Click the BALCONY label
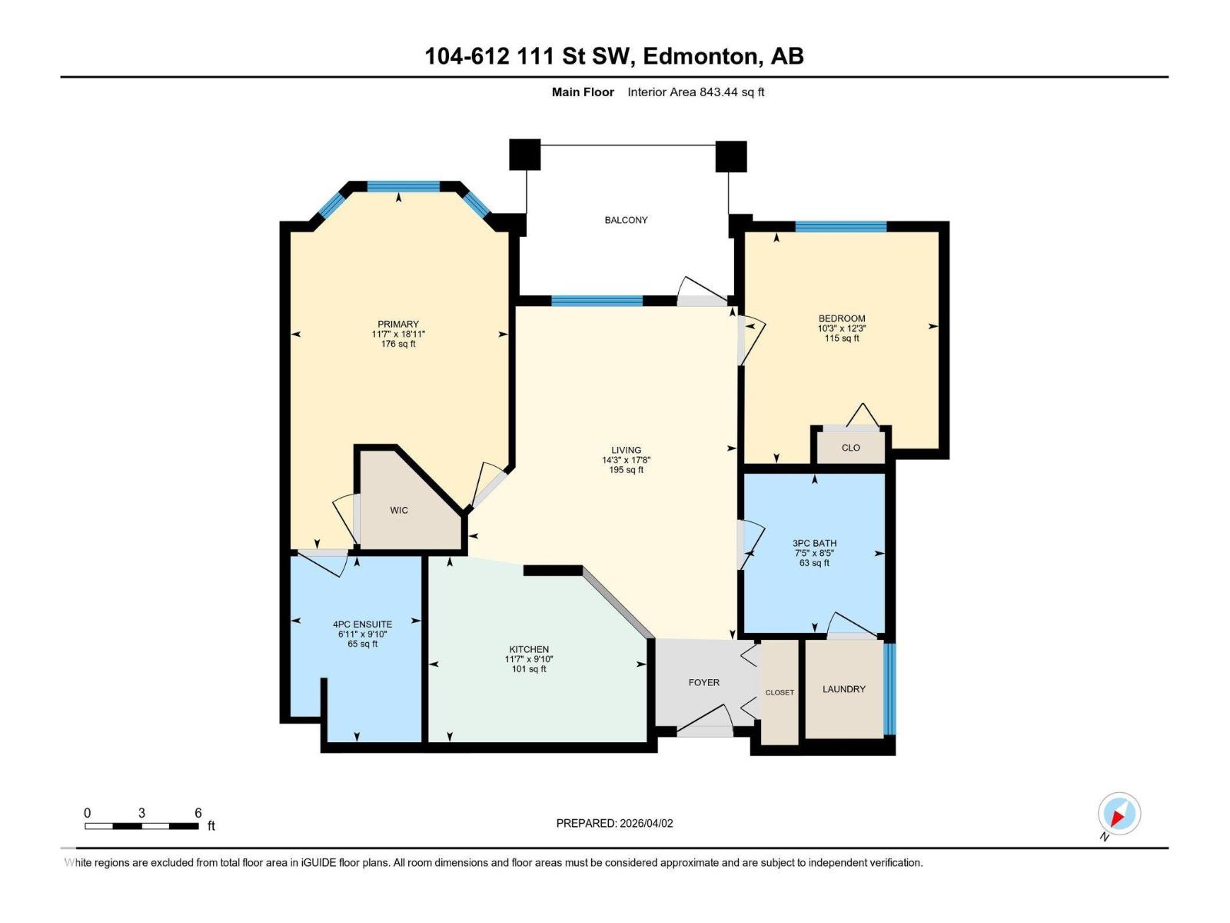626,220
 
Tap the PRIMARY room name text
398,324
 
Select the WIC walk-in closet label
399,510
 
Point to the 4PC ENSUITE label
363,624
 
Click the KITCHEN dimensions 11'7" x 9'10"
529,659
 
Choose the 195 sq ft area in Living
626,470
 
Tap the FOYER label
704,682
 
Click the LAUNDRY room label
844,689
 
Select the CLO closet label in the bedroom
851,448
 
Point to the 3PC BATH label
815,543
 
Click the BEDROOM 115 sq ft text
842,338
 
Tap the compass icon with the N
1119,814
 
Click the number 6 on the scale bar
198,813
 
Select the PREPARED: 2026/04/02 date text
614,823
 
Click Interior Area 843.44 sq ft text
696,92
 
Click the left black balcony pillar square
525,155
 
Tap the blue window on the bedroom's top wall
841,226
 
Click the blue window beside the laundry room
890,689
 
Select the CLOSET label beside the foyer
780,692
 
